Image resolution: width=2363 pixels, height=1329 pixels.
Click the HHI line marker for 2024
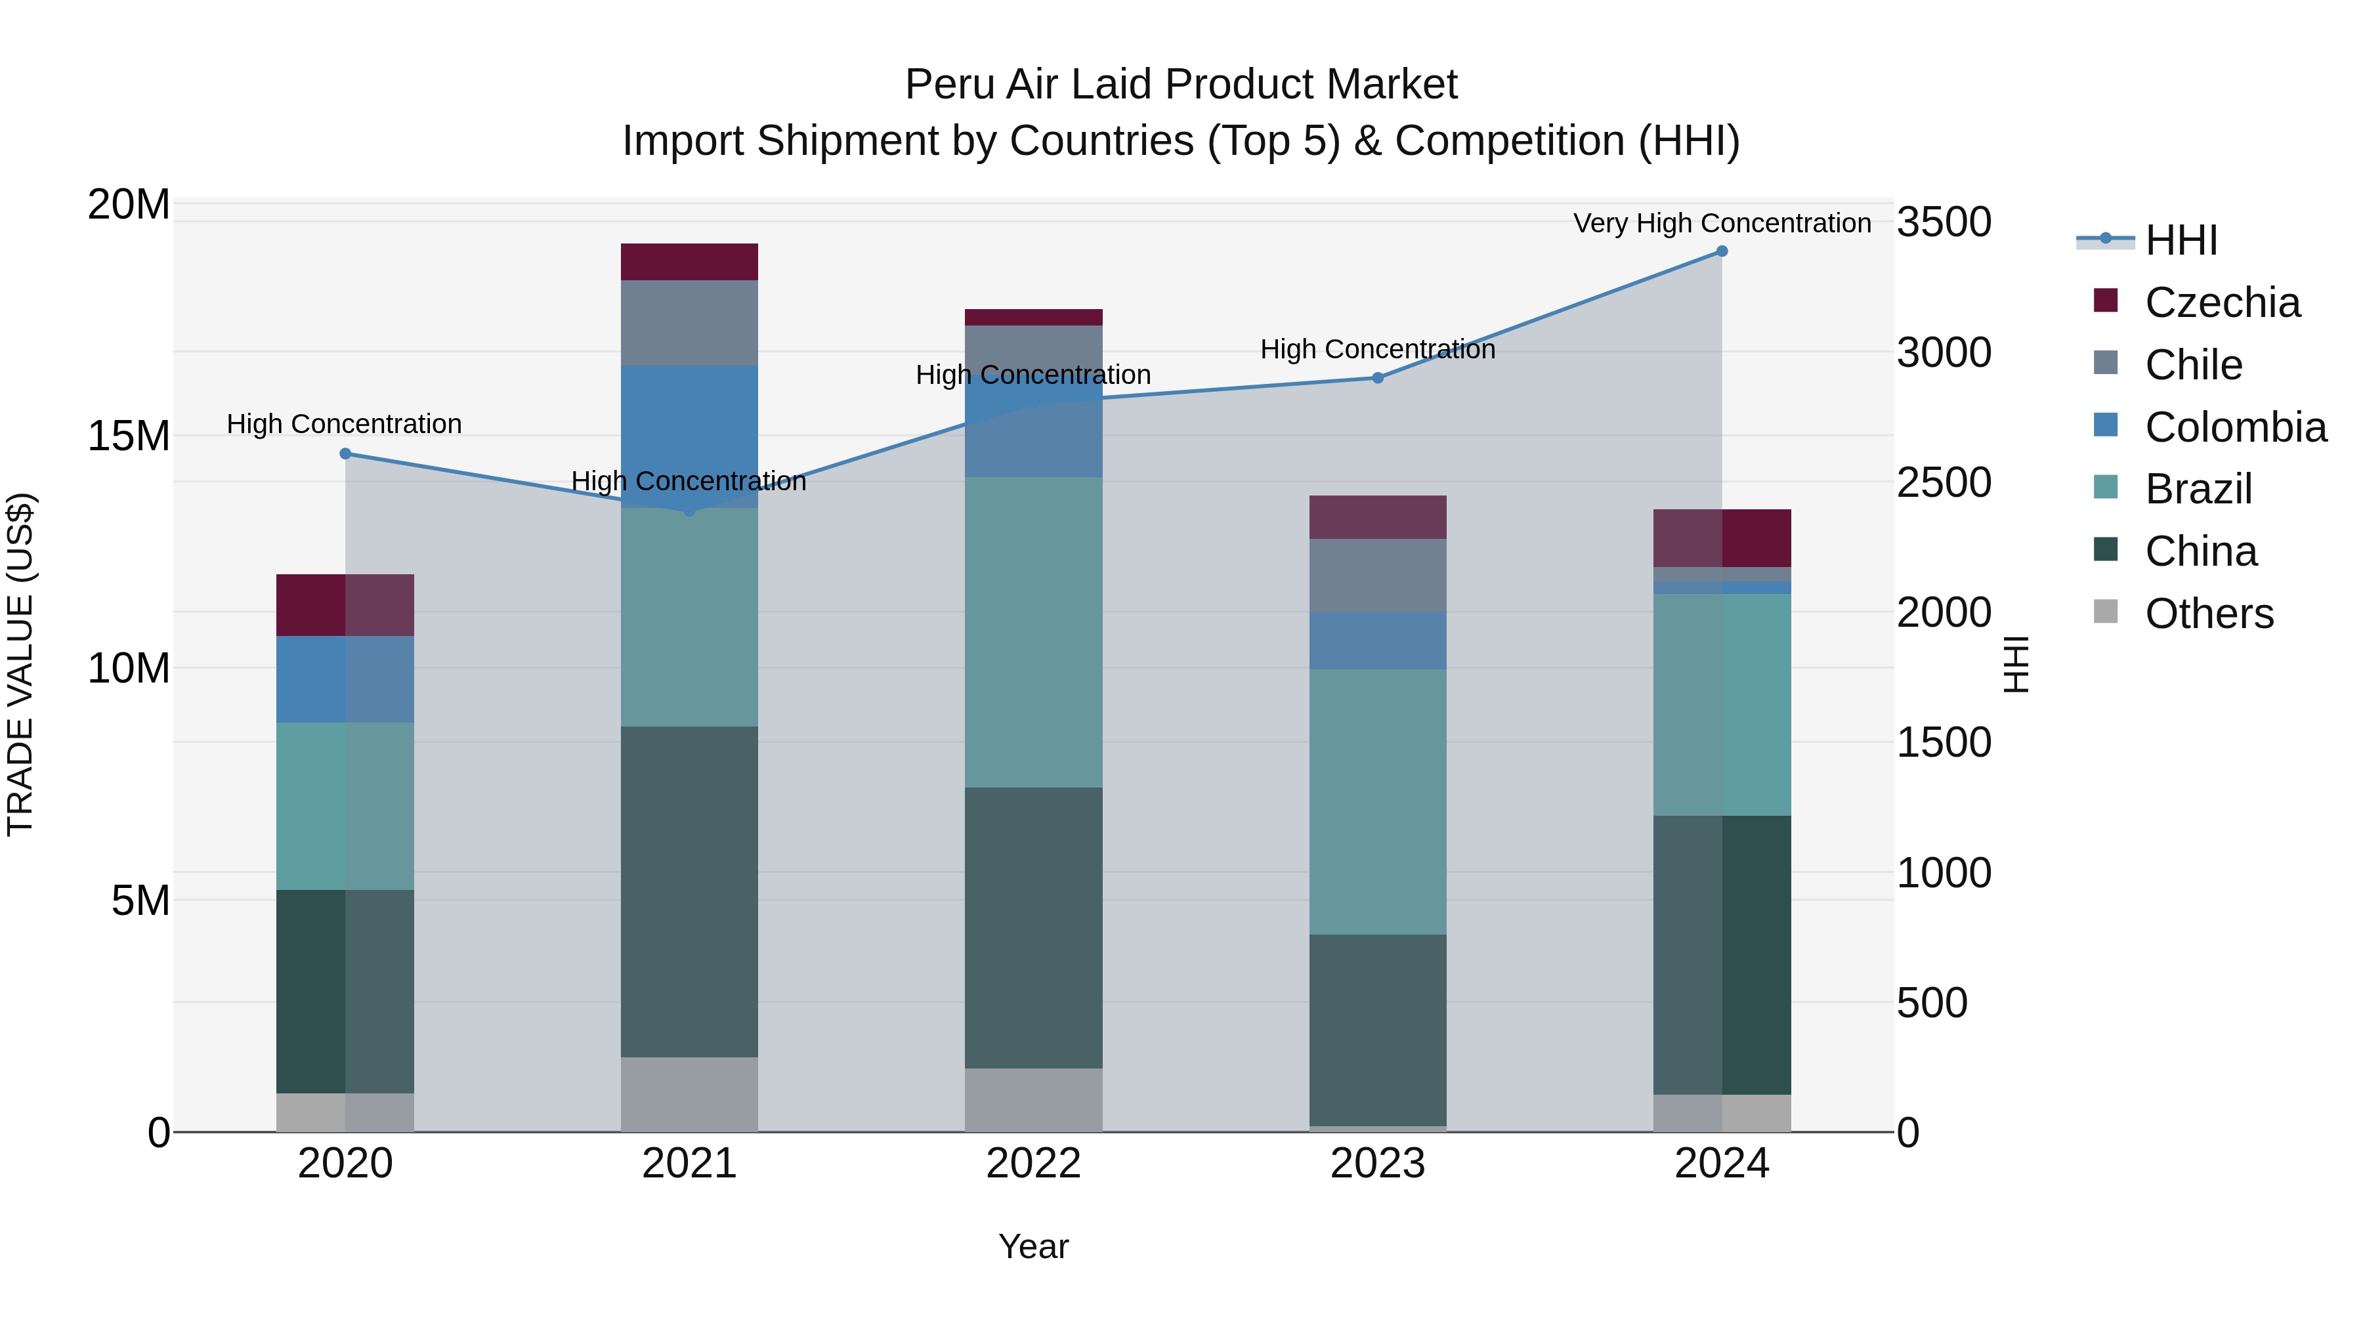1722,251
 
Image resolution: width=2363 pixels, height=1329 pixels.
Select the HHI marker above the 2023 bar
1378,378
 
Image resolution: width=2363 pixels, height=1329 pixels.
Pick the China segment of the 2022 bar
1034,927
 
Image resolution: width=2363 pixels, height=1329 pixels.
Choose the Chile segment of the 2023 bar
1378,575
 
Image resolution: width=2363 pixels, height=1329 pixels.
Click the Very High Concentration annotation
1722,224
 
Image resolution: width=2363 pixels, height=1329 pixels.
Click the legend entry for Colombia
2234,427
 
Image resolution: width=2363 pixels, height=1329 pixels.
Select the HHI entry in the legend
2181,240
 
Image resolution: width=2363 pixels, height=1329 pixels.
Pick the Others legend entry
2208,614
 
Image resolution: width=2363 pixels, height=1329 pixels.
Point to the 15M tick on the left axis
129,436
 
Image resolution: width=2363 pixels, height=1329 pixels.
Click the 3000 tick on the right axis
1943,353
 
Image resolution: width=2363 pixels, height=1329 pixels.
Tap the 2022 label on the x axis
1034,1164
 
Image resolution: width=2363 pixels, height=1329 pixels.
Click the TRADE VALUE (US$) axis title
20,665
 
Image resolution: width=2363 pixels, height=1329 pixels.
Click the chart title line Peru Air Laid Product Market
1181,85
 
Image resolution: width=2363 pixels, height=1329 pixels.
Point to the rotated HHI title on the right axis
2015,665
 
